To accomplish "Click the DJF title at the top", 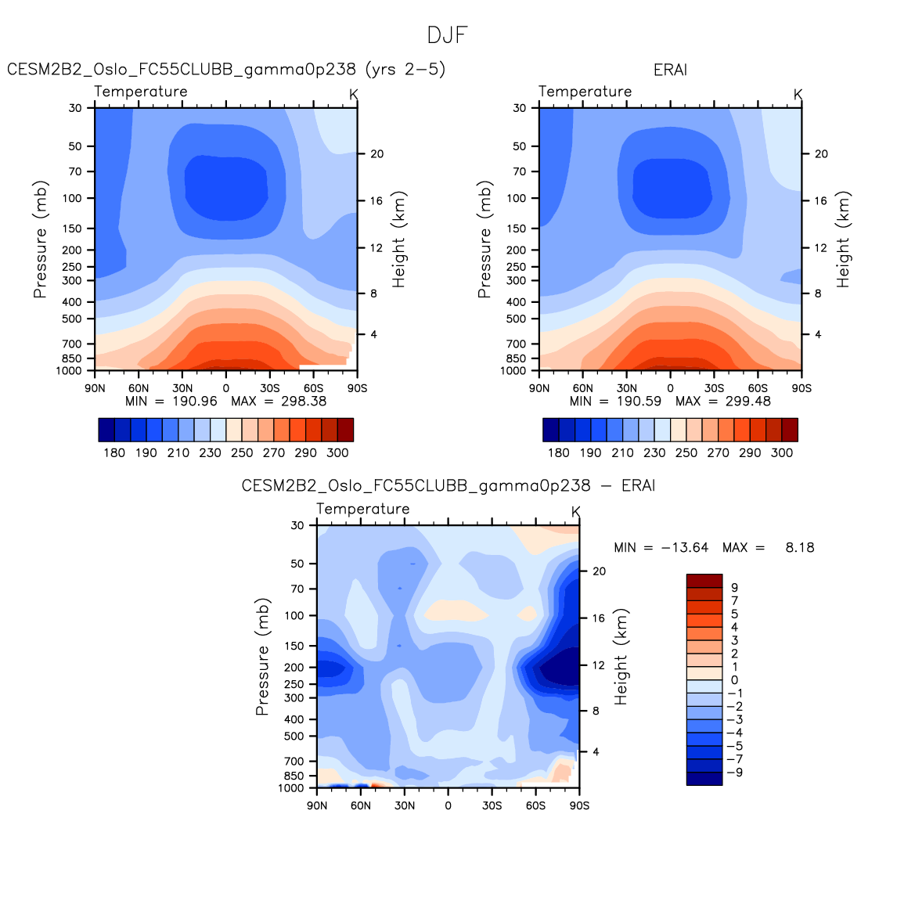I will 448,35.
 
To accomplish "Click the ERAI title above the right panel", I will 670,70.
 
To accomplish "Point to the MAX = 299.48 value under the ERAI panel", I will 723,402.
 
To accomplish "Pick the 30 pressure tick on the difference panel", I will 297,526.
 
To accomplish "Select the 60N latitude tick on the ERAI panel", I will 582,388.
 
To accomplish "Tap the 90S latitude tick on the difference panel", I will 579,806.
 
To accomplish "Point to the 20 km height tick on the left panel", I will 376,154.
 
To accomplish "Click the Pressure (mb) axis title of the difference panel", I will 262,657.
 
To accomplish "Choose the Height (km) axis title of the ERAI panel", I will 843,240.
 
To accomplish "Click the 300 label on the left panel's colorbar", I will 337,453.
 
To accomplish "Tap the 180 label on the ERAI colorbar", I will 559,453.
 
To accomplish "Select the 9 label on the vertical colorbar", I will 734,588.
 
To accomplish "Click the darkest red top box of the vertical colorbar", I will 704,581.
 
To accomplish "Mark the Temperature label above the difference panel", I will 363,510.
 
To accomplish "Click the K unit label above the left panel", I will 354,95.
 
